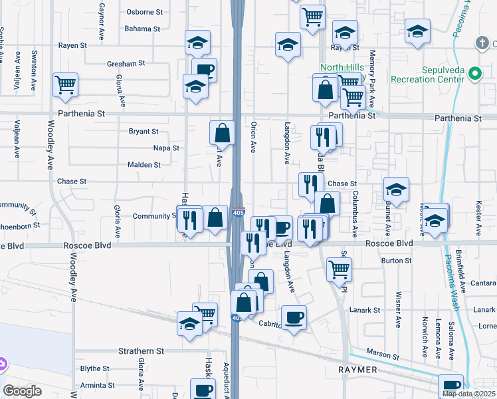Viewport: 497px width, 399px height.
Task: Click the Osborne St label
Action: click(145, 12)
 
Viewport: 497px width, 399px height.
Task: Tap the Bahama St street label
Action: click(142, 29)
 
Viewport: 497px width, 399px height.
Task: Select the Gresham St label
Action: click(126, 64)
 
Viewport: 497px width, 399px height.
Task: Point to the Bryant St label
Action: click(144, 132)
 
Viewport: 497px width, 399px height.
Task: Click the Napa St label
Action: click(166, 148)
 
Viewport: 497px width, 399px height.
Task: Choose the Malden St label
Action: click(144, 165)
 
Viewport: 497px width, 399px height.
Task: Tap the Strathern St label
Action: click(141, 350)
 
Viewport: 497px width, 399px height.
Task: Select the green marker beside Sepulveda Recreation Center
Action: click(474, 74)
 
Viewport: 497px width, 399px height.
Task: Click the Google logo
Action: click(22, 391)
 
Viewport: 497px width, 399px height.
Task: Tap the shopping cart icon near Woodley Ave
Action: click(66, 84)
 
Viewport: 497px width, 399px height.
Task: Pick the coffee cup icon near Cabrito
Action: click(294, 317)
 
